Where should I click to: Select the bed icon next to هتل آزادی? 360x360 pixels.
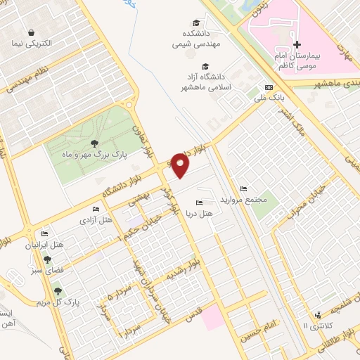(96, 209)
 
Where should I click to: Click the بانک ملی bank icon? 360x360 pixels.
(267, 86)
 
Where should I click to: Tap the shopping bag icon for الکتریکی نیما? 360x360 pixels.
(32, 32)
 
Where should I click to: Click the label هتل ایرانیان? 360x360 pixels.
(44, 245)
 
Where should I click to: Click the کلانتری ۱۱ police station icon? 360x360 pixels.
(319, 314)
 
